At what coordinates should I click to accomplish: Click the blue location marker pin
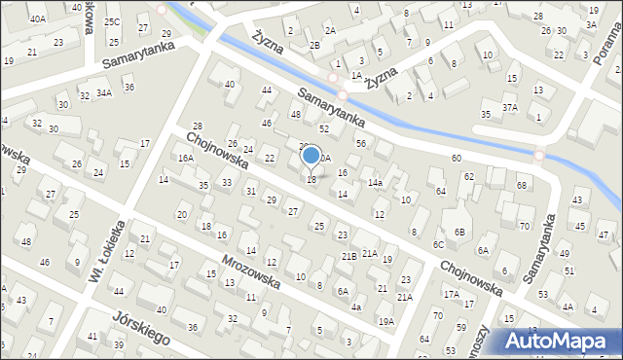click(311, 156)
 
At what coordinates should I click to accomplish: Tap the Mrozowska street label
click(251, 264)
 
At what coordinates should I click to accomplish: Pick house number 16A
click(185, 158)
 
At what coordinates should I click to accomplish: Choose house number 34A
click(104, 93)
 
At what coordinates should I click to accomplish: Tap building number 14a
click(375, 182)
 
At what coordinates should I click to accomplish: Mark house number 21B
click(348, 256)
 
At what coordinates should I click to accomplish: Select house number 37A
click(510, 107)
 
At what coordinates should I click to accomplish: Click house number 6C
click(438, 244)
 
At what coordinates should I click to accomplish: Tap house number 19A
click(386, 321)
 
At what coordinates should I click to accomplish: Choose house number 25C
click(112, 21)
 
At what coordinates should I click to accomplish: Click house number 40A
click(37, 18)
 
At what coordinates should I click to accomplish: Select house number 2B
click(313, 46)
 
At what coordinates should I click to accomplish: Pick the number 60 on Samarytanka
click(456, 158)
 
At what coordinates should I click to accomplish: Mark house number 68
click(522, 185)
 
